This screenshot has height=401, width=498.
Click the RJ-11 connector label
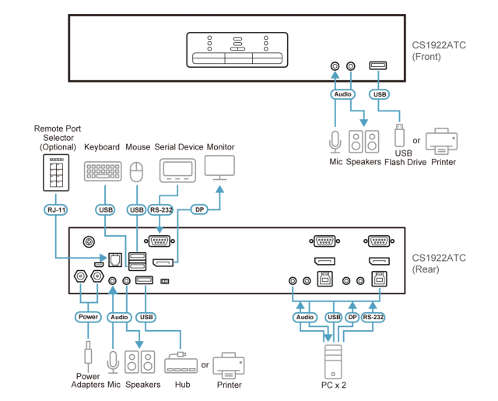(55, 209)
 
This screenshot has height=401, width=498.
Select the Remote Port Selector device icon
(56, 173)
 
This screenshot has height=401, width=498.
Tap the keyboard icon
(103, 171)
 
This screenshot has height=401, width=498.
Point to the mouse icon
(137, 172)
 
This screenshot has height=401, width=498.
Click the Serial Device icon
(177, 171)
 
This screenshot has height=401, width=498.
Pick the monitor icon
(219, 167)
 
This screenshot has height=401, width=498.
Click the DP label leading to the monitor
(199, 209)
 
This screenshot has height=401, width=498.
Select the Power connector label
(88, 317)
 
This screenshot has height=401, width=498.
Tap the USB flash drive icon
(399, 135)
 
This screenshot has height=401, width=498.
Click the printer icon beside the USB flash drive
(441, 142)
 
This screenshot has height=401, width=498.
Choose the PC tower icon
(333, 362)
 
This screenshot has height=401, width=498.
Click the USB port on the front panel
(378, 65)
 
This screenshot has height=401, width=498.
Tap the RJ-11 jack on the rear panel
(115, 260)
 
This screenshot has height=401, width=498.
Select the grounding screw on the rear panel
(89, 242)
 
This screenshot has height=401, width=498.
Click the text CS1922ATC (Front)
(439, 51)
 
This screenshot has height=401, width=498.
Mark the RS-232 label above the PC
(373, 317)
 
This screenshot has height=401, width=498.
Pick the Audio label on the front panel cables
(342, 94)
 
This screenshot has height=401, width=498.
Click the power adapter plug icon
(88, 353)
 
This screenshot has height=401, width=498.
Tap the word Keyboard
(102, 147)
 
